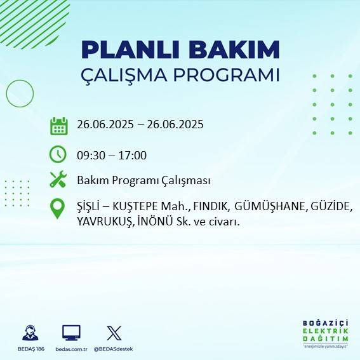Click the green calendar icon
(x=58, y=126)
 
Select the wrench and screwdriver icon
(x=58, y=180)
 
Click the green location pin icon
(x=58, y=209)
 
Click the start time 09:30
(x=90, y=155)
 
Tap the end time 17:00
(x=133, y=155)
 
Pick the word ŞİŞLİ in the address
(x=89, y=207)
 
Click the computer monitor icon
(x=71, y=333)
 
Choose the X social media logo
(x=114, y=333)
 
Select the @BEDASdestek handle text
(x=114, y=349)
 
